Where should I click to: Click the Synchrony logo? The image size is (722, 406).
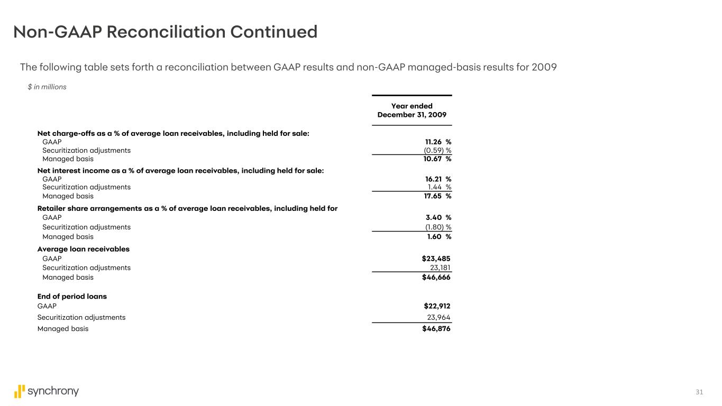47,391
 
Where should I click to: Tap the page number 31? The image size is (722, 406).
699,392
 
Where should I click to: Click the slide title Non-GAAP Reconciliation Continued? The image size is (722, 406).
165,32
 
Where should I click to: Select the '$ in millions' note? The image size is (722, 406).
47,87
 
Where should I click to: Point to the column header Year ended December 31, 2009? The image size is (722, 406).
412,110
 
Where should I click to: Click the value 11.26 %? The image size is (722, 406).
437,142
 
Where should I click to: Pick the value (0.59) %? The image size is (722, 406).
437,150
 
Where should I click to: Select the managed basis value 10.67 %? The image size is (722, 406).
437,159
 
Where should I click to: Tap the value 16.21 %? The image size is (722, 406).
437,179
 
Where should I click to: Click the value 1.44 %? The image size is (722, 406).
439,187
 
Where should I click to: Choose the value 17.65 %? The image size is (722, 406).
437,196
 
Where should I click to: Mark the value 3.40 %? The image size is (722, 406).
438,217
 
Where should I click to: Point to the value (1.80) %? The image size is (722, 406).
438,227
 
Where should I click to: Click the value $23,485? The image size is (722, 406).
436,259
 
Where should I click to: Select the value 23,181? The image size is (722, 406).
440,267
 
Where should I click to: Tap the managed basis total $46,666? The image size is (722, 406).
436,277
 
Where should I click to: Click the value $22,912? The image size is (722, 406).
437,306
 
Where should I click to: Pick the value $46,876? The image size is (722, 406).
437,328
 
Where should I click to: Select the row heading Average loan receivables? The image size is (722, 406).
83,249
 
